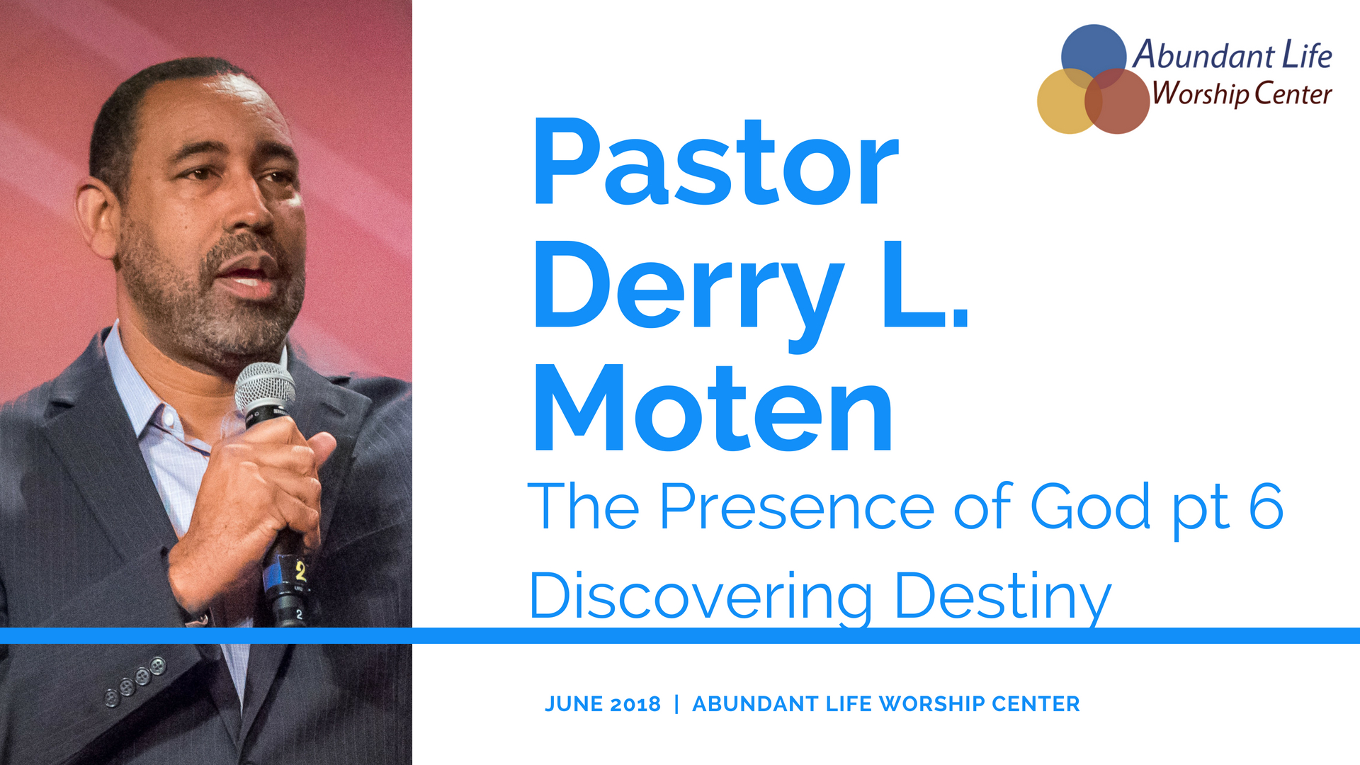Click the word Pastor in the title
[x=716, y=162]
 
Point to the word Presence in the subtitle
[x=797, y=506]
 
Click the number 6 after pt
[x=1266, y=506]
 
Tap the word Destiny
[x=1003, y=598]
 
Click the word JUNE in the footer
[x=574, y=704]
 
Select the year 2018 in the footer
[x=635, y=704]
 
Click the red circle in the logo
[x=1117, y=101]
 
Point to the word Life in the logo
[x=1307, y=55]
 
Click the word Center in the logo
[x=1293, y=94]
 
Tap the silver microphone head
[x=265, y=388]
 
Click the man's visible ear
[x=96, y=220]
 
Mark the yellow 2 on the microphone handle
[x=300, y=571]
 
